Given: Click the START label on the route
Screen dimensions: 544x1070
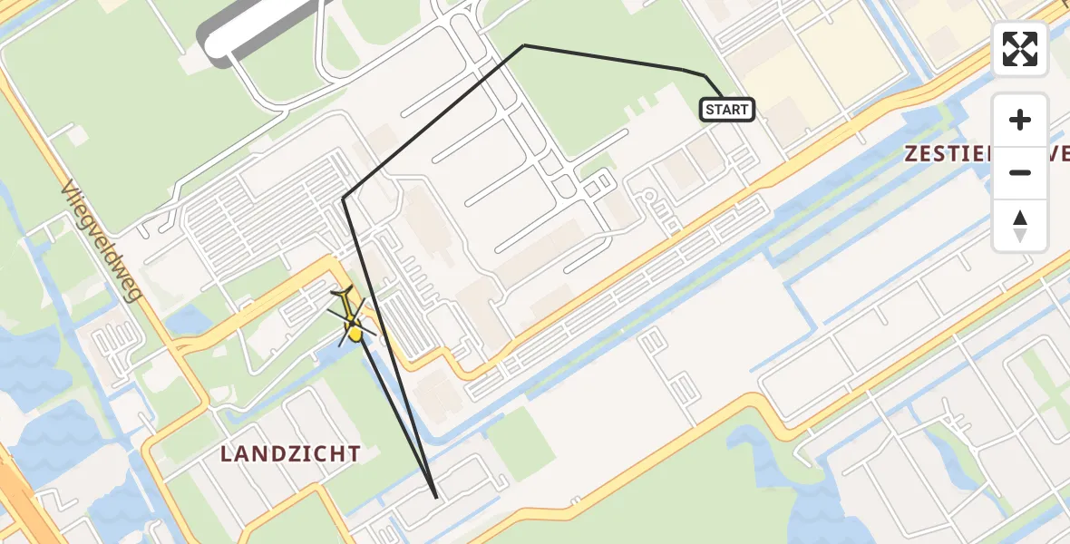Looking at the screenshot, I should coord(727,110).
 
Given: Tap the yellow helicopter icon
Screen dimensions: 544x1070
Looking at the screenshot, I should coord(351,316).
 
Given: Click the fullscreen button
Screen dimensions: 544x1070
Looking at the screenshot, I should coord(1020,49).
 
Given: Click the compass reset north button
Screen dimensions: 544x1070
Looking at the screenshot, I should coord(1020,226).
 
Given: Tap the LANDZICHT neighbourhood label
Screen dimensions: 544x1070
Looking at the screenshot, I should coord(291,454).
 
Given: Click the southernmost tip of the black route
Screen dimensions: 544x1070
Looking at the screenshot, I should coord(437,498).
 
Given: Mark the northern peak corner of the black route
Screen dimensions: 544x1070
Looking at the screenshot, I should coord(524,45).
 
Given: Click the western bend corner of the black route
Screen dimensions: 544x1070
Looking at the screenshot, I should coord(343,199).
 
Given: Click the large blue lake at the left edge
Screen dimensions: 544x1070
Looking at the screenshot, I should coord(27,363).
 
